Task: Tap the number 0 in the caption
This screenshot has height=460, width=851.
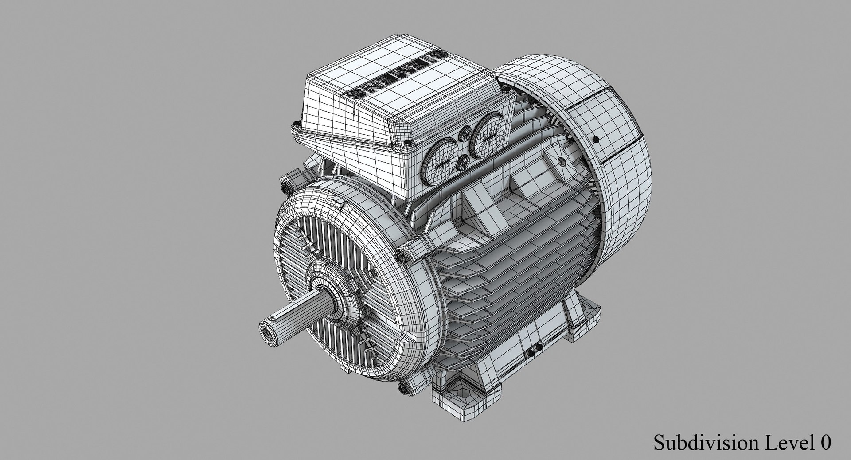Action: pyautogui.click(x=826, y=443)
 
